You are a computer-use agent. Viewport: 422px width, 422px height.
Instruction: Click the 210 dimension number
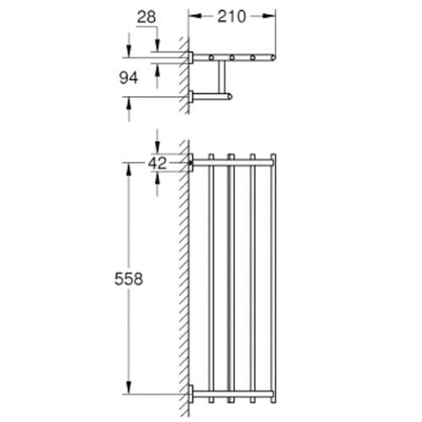[232, 17]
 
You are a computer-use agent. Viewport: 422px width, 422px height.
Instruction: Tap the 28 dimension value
[146, 18]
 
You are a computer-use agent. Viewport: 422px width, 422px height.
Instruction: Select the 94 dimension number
[128, 78]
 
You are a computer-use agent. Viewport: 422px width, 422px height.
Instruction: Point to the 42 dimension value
[157, 163]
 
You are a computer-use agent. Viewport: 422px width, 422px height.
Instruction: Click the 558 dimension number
[128, 279]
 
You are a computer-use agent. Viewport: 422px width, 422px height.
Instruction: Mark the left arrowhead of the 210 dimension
[195, 16]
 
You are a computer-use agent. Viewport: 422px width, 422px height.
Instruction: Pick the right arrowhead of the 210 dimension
[269, 16]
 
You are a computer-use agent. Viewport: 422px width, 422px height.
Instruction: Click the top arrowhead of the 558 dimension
[129, 170]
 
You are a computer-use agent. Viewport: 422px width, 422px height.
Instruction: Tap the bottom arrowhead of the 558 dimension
[129, 387]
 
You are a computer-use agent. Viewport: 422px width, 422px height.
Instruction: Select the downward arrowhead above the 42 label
[157, 148]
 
